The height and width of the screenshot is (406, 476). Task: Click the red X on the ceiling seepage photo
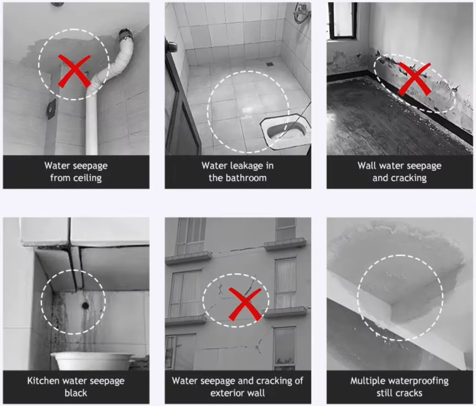tap(74, 71)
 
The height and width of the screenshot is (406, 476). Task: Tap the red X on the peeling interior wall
tap(414, 79)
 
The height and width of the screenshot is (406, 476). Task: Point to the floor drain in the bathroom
tap(269, 64)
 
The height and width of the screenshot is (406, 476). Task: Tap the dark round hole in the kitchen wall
tap(85, 305)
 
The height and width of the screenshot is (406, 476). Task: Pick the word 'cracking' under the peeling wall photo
tap(409, 178)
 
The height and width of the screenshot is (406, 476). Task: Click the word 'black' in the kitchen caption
tap(76, 393)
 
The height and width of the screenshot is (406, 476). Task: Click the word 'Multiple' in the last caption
tap(367, 381)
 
